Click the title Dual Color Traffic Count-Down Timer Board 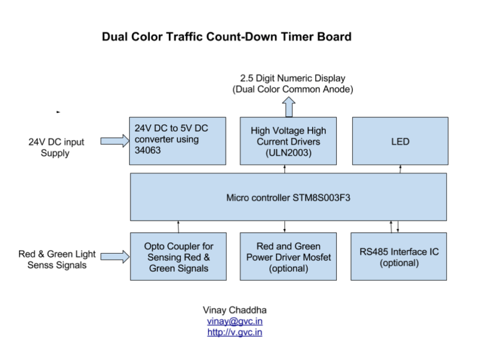(x=227, y=37)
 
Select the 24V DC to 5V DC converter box (x=177, y=141)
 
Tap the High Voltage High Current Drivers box (x=288, y=141)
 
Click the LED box (x=400, y=141)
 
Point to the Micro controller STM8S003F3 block (x=289, y=197)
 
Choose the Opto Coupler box (x=179, y=257)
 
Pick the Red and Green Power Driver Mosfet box (x=288, y=257)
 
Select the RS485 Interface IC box (x=399, y=257)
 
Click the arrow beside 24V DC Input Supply (x=114, y=141)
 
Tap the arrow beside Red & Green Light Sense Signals (x=114, y=257)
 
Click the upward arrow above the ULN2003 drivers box (x=289, y=107)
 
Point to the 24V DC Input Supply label (x=56, y=147)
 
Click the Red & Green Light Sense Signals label (x=57, y=259)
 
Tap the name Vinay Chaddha (x=234, y=310)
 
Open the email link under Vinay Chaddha (x=234, y=321)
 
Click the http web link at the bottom (x=234, y=332)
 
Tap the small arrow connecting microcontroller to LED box (x=400, y=169)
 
